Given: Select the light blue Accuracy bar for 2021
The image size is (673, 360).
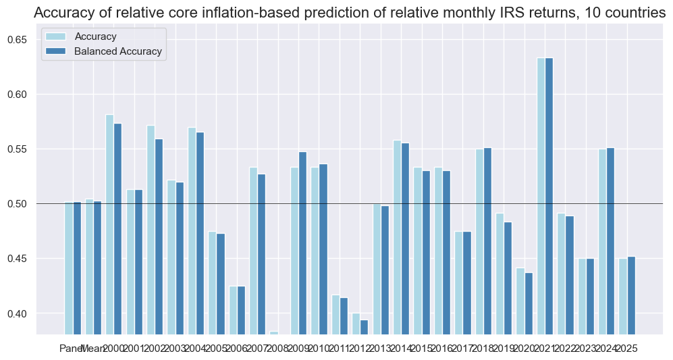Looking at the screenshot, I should (x=541, y=196).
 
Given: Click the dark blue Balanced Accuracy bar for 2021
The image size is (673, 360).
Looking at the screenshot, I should (x=549, y=196).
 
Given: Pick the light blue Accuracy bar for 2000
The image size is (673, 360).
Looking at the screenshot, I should (x=109, y=223).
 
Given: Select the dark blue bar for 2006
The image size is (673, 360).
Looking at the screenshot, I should (x=240, y=311).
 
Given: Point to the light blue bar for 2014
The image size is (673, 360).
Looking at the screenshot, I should (x=397, y=236).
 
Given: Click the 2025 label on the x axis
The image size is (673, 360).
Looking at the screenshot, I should (x=626, y=348).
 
